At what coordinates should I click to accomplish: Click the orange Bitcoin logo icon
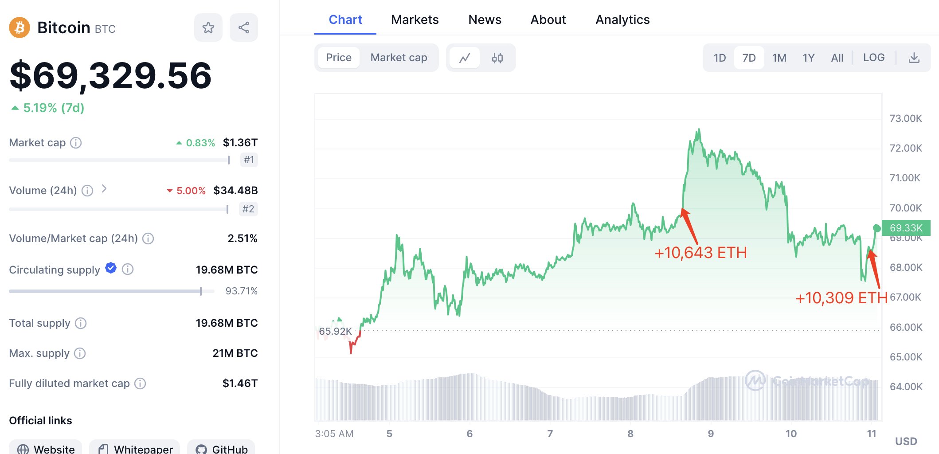click(20, 28)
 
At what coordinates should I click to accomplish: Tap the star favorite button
click(208, 28)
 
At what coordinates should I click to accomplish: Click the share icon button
click(244, 28)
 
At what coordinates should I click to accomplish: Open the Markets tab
click(415, 20)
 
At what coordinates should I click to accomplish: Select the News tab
click(485, 20)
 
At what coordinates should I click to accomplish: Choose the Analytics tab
click(622, 20)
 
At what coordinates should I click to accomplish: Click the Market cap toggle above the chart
click(399, 58)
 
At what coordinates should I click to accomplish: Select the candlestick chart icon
click(497, 58)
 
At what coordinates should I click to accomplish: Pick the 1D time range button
click(720, 58)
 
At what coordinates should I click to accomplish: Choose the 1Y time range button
click(808, 58)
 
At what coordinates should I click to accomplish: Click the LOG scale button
click(873, 58)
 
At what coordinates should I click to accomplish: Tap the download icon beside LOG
click(914, 58)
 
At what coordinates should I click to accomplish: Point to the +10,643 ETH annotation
click(700, 253)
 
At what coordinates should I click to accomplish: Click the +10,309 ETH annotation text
click(841, 298)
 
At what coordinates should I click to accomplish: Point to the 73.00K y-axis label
click(905, 118)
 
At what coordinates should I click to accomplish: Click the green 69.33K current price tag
click(905, 228)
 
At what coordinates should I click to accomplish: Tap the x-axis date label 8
click(630, 434)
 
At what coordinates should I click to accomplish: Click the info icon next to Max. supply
click(80, 353)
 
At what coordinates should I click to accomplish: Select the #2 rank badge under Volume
click(248, 209)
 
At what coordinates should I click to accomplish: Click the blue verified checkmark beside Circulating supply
click(111, 268)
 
